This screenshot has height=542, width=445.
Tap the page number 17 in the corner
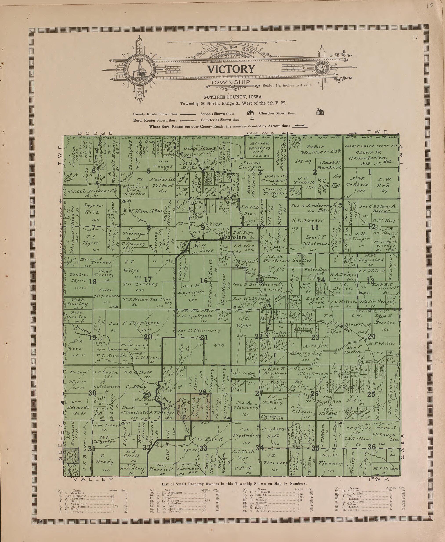[416, 38]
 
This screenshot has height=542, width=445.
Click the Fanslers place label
[235, 238]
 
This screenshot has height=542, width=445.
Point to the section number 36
[372, 447]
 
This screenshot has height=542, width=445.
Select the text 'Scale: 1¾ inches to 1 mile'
[287, 85]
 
